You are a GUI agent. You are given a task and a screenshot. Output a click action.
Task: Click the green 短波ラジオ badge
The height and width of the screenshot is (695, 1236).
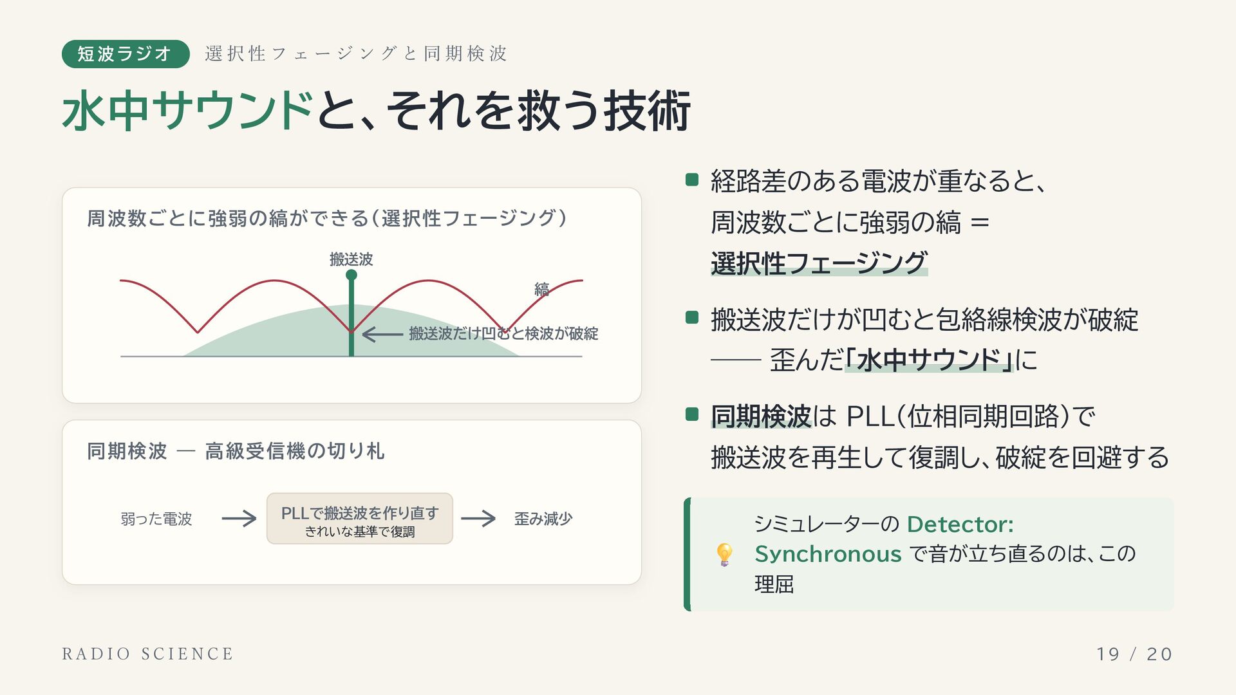click(126, 53)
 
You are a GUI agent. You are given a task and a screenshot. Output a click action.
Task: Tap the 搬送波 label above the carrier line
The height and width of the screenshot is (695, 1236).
click(351, 259)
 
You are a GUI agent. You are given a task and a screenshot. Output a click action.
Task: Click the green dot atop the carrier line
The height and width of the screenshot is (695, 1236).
click(351, 275)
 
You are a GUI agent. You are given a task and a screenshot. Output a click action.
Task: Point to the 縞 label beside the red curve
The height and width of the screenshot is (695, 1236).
click(541, 290)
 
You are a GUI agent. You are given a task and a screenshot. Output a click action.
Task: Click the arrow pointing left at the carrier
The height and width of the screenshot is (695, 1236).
click(382, 334)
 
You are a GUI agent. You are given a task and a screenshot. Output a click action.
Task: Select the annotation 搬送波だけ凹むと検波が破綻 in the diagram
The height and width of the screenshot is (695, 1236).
click(503, 333)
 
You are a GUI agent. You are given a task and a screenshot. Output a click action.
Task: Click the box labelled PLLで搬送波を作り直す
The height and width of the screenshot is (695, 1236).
click(360, 519)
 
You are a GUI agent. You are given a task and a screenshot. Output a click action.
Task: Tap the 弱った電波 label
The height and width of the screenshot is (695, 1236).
click(156, 519)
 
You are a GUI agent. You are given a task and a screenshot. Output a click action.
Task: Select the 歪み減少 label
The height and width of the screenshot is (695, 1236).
click(543, 519)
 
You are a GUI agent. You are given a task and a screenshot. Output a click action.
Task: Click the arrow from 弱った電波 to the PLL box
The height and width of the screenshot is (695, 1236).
click(239, 519)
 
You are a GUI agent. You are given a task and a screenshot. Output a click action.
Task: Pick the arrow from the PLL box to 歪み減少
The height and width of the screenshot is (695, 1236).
click(478, 519)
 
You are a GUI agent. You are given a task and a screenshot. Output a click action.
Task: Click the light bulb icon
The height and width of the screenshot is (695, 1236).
click(724, 554)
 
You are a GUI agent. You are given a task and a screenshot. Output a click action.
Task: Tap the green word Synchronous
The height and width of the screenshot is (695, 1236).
click(828, 554)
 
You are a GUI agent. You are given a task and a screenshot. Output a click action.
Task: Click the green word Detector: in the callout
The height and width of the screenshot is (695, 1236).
click(960, 524)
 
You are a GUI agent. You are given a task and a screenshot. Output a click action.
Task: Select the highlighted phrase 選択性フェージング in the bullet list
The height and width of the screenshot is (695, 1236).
click(819, 263)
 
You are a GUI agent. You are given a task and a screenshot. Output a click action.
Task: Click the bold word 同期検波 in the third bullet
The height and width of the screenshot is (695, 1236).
click(761, 416)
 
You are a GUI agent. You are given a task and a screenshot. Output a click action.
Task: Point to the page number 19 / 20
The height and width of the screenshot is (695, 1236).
click(1134, 654)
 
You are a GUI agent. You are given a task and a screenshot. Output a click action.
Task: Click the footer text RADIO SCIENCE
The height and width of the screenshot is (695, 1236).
click(147, 654)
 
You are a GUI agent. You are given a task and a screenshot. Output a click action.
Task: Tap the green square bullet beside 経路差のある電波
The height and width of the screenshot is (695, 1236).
click(692, 180)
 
